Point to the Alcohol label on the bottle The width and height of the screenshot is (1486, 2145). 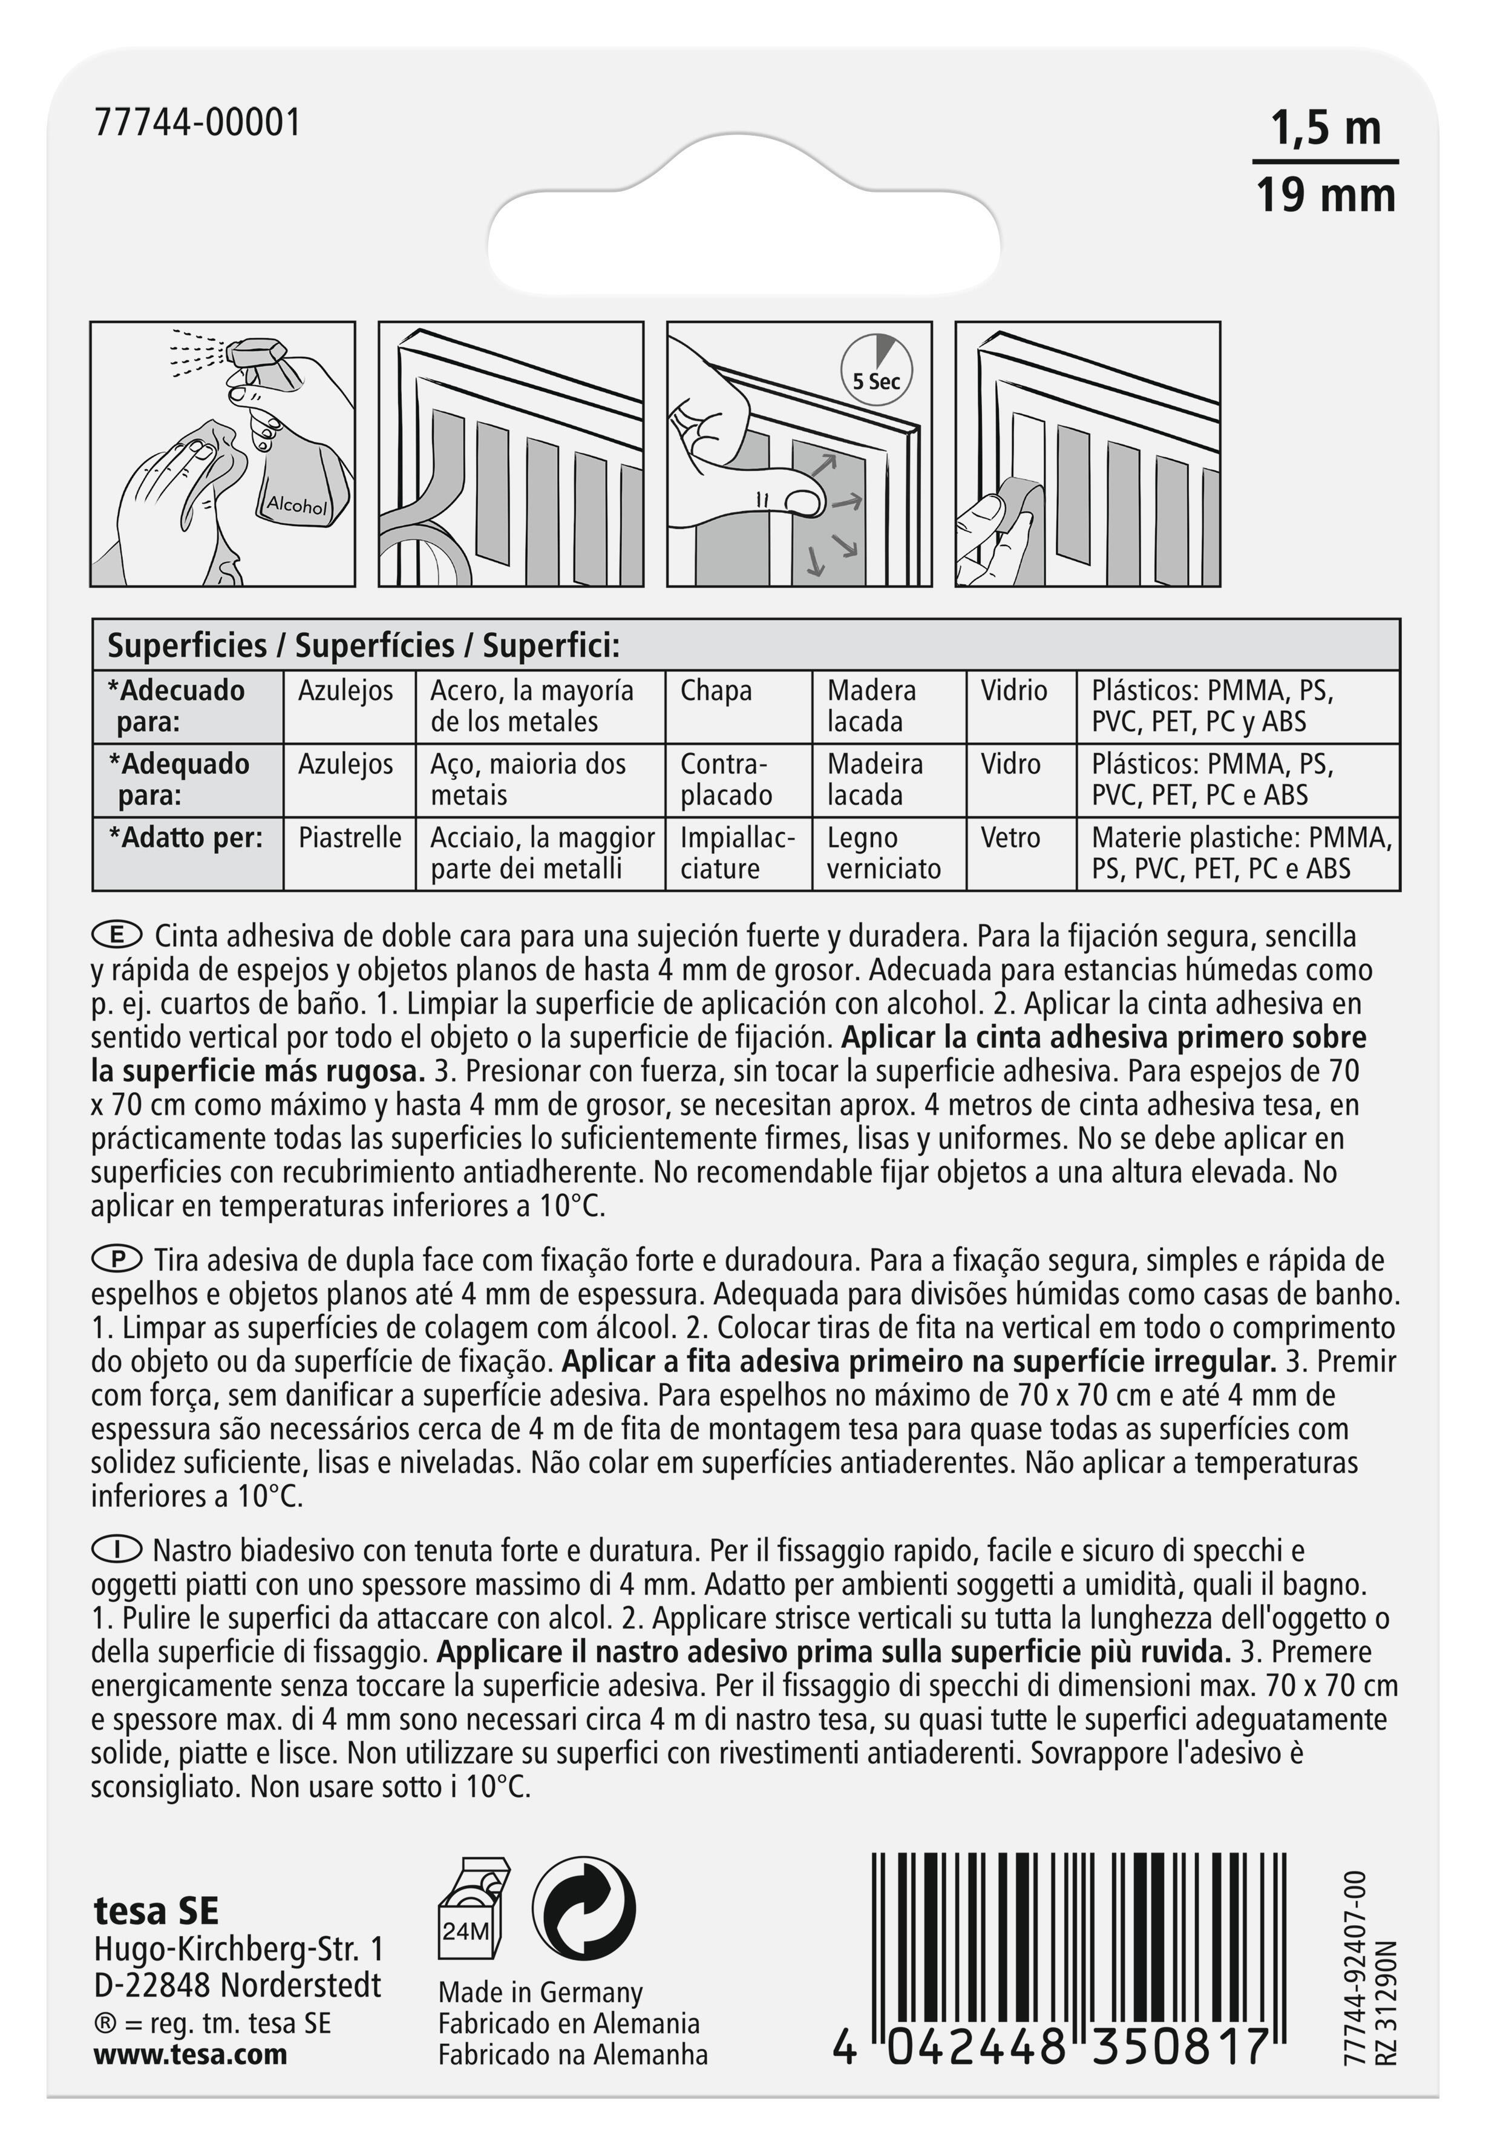tap(296, 504)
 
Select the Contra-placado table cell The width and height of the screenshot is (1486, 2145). tap(726, 780)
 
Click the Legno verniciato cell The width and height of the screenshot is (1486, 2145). tap(883, 853)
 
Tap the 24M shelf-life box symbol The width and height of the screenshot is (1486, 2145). tap(470, 1906)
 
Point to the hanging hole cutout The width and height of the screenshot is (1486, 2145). tap(745, 229)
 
